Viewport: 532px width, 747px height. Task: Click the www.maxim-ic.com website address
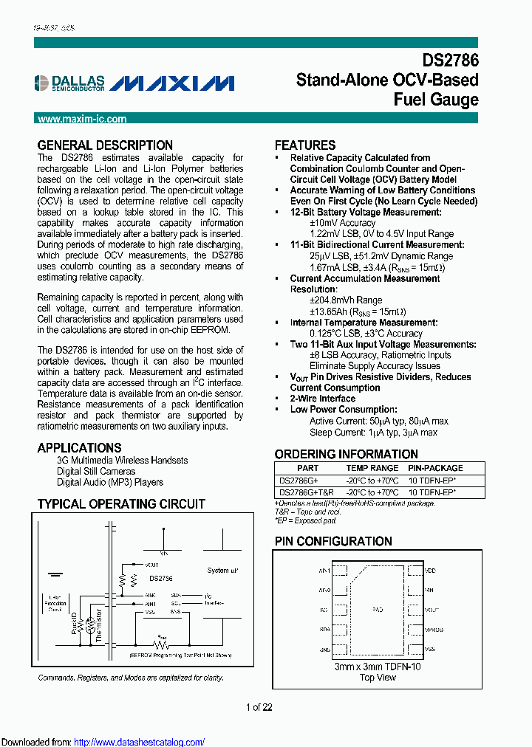(x=82, y=119)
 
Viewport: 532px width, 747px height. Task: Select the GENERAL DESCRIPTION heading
(x=105, y=145)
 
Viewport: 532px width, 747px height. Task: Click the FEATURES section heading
(x=305, y=145)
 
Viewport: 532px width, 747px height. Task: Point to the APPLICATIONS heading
(x=79, y=447)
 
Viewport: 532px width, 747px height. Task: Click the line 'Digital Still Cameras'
(x=96, y=471)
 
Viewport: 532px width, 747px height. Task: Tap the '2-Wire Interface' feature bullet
(x=322, y=399)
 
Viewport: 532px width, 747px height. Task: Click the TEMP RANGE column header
(x=372, y=468)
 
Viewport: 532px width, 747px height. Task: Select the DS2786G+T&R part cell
(x=306, y=492)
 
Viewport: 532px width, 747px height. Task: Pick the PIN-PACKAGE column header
(x=435, y=468)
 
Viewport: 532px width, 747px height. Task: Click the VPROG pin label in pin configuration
(x=434, y=630)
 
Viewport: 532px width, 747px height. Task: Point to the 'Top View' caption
(x=377, y=677)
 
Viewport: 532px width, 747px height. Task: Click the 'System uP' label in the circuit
(x=222, y=571)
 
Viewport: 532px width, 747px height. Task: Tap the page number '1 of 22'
(x=259, y=707)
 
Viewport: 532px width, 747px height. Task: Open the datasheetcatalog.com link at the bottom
(x=140, y=743)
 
